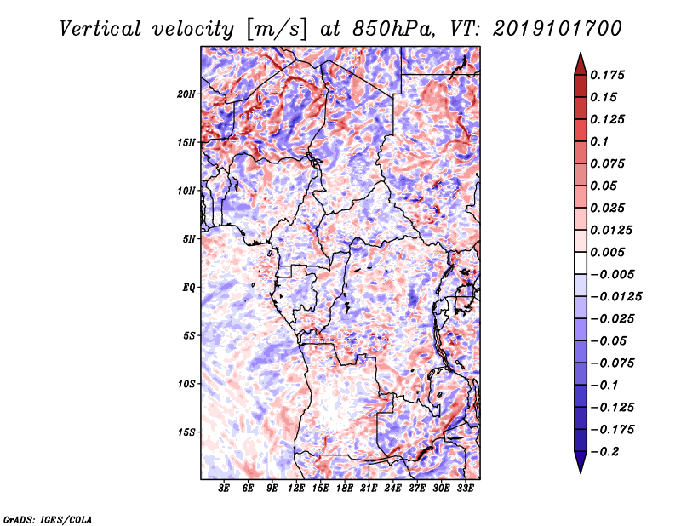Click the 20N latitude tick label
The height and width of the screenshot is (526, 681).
pyautogui.click(x=186, y=94)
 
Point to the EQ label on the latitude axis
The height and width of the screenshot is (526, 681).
pyautogui.click(x=189, y=288)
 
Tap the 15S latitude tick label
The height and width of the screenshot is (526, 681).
pyautogui.click(x=186, y=432)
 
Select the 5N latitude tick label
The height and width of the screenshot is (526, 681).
pyautogui.click(x=189, y=239)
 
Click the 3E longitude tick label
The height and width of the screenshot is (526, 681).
pyautogui.click(x=224, y=489)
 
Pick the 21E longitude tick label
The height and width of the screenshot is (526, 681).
pyautogui.click(x=369, y=489)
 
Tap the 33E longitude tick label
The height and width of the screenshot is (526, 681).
pyautogui.click(x=465, y=489)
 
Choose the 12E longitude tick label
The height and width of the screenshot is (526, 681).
pyautogui.click(x=295, y=489)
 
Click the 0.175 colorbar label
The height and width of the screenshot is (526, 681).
pyautogui.click(x=607, y=75)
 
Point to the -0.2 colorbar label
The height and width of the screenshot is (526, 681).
pyautogui.click(x=604, y=452)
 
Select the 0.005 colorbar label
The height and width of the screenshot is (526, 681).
pyautogui.click(x=607, y=252)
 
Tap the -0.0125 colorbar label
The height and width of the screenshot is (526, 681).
pyautogui.click(x=615, y=297)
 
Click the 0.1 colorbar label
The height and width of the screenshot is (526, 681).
pyautogui.click(x=599, y=141)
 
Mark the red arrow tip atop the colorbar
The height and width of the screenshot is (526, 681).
pyautogui.click(x=581, y=53)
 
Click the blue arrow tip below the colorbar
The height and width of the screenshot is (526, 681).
pyautogui.click(x=581, y=472)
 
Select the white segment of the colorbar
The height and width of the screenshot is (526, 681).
pyautogui.click(x=581, y=263)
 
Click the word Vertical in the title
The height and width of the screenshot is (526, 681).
pyautogui.click(x=100, y=29)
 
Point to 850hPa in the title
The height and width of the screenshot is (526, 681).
pyautogui.click(x=393, y=29)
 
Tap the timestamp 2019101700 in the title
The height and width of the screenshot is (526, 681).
pyautogui.click(x=558, y=29)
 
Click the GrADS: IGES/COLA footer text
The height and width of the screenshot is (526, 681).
pyautogui.click(x=48, y=520)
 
